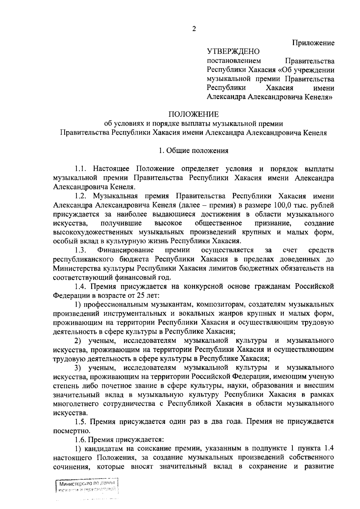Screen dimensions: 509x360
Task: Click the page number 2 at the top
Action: (194, 29)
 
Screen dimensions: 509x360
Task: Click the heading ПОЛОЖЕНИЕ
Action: (193, 114)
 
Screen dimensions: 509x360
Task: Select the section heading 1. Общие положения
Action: (193, 151)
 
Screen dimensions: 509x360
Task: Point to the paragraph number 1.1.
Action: (81, 169)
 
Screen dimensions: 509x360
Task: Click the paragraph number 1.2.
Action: (81, 196)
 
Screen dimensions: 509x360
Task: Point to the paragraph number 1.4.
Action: (81, 286)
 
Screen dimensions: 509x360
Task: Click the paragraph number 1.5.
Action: (81, 421)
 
